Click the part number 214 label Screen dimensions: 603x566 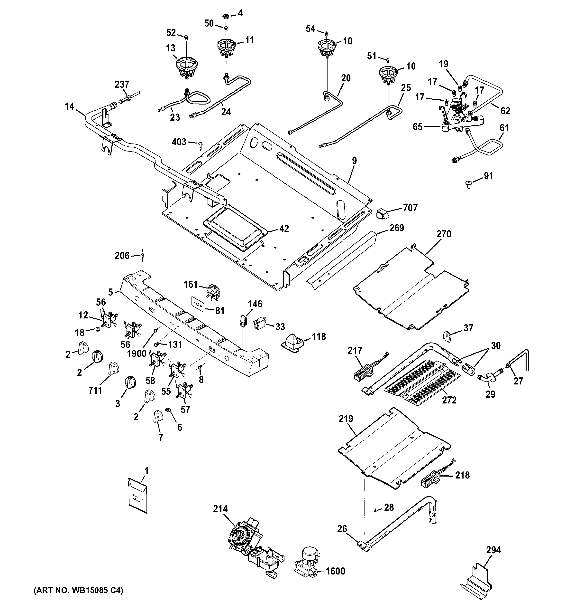pos(220,509)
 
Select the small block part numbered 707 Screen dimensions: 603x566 pos(382,214)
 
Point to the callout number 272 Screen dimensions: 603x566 pos(449,400)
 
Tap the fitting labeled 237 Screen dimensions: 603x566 pos(129,99)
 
